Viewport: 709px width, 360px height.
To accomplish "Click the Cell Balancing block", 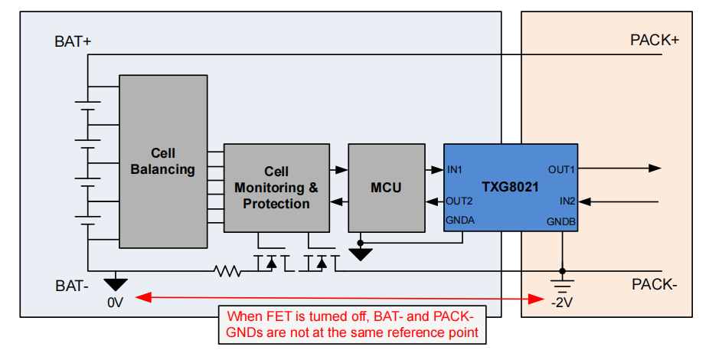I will coord(162,161).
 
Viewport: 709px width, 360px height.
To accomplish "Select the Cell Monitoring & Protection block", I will coord(276,188).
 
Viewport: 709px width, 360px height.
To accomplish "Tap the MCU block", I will coord(386,188).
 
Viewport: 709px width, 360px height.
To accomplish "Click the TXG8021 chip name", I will coord(510,187).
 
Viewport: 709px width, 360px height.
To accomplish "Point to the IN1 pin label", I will coord(455,169).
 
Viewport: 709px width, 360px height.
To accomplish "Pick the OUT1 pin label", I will coord(561,169).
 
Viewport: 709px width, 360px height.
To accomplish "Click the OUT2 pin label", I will coord(459,201).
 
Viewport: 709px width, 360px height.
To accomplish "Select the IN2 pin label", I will coord(567,201).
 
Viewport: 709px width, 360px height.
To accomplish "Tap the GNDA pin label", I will coord(461,221).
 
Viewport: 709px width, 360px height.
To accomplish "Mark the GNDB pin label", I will coord(561,221).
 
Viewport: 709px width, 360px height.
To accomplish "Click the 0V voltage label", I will coord(115,303).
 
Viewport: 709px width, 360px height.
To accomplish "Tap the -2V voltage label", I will coord(563,303).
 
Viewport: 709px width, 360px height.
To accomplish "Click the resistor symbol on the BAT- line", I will coord(228,270).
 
